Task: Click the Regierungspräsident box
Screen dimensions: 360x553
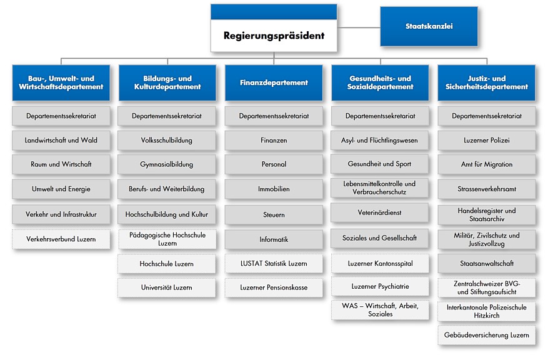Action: [274, 36]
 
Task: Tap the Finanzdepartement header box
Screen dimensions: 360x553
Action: [274, 82]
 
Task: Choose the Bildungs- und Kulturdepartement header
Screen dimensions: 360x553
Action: [167, 82]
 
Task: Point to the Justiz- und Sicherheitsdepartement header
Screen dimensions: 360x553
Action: [486, 82]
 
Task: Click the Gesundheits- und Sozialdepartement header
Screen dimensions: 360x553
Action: [380, 82]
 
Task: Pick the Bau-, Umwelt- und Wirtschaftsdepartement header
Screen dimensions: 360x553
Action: [61, 82]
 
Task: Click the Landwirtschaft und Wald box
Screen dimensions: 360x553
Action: [61, 140]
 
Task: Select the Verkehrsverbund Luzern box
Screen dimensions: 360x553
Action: [61, 239]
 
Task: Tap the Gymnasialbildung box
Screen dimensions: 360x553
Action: [167, 164]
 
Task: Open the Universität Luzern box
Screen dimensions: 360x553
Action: [167, 287]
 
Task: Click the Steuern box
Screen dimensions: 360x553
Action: [274, 214]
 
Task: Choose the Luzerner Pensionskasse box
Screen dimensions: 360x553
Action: [274, 287]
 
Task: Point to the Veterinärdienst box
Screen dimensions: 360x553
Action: [380, 212]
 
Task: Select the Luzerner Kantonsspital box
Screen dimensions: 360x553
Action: [380, 264]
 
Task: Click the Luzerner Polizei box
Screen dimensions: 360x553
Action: [486, 140]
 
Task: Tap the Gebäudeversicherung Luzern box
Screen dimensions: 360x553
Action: [486, 335]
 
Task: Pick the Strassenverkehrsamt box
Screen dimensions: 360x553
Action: [486, 188]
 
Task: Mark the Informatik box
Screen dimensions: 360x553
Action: [274, 239]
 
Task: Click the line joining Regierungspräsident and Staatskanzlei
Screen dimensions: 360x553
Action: [359, 27]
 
